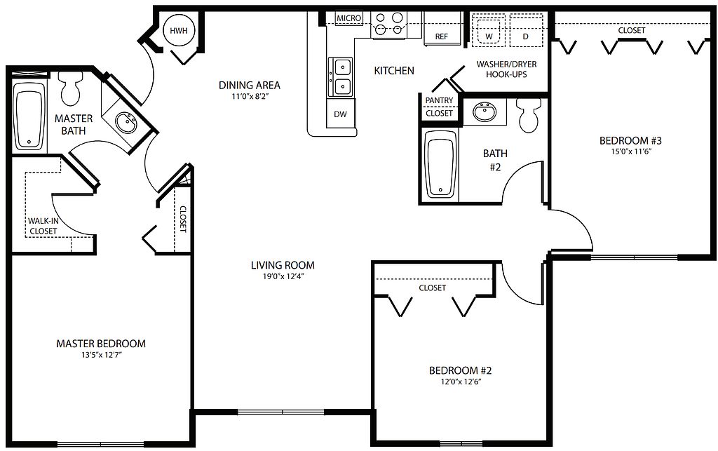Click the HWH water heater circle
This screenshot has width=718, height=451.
[179, 31]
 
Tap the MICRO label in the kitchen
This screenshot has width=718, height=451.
[349, 18]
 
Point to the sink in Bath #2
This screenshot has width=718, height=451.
[485, 112]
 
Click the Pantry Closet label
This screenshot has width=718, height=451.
[439, 107]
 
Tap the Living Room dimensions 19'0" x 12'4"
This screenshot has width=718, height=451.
[283, 276]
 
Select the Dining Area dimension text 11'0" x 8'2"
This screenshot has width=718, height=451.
[249, 97]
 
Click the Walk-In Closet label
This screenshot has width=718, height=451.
[43, 226]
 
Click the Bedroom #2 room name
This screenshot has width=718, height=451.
[460, 370]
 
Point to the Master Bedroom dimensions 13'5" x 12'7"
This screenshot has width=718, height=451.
[101, 354]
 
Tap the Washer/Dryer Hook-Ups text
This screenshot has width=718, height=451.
[506, 69]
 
